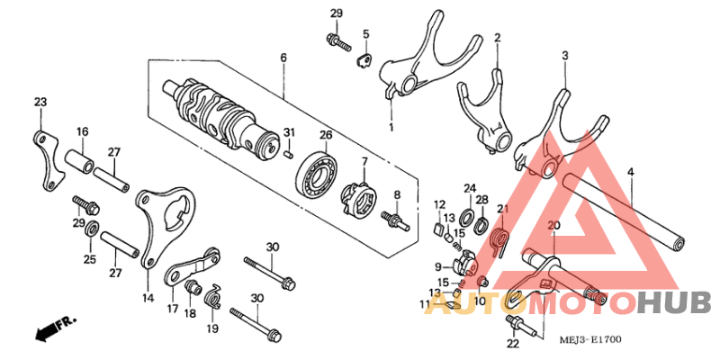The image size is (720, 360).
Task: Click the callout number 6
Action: click(283, 58)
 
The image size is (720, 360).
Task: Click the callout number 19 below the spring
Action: click(212, 329)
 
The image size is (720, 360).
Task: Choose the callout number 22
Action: click(512, 343)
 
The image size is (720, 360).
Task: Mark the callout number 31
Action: click(289, 134)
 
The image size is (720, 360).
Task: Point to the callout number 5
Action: click(366, 34)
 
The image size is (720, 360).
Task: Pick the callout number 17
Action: click(171, 308)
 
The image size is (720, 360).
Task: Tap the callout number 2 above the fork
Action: click(496, 38)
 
